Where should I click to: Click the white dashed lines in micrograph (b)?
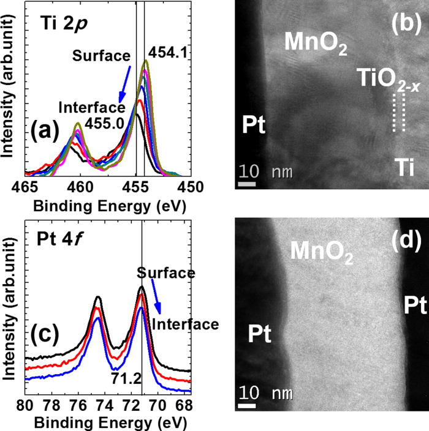coord(399,113)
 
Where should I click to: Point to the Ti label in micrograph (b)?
coord(400,165)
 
